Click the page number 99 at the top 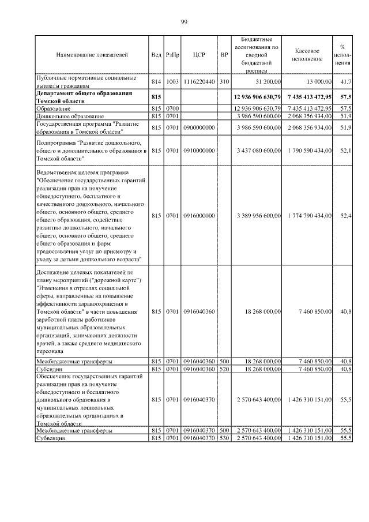pos(184,21)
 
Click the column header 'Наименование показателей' pos(92,55)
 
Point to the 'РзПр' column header pos(172,55)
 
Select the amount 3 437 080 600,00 pos(258,151)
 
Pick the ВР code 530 pos(225,438)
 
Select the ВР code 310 pos(225,82)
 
